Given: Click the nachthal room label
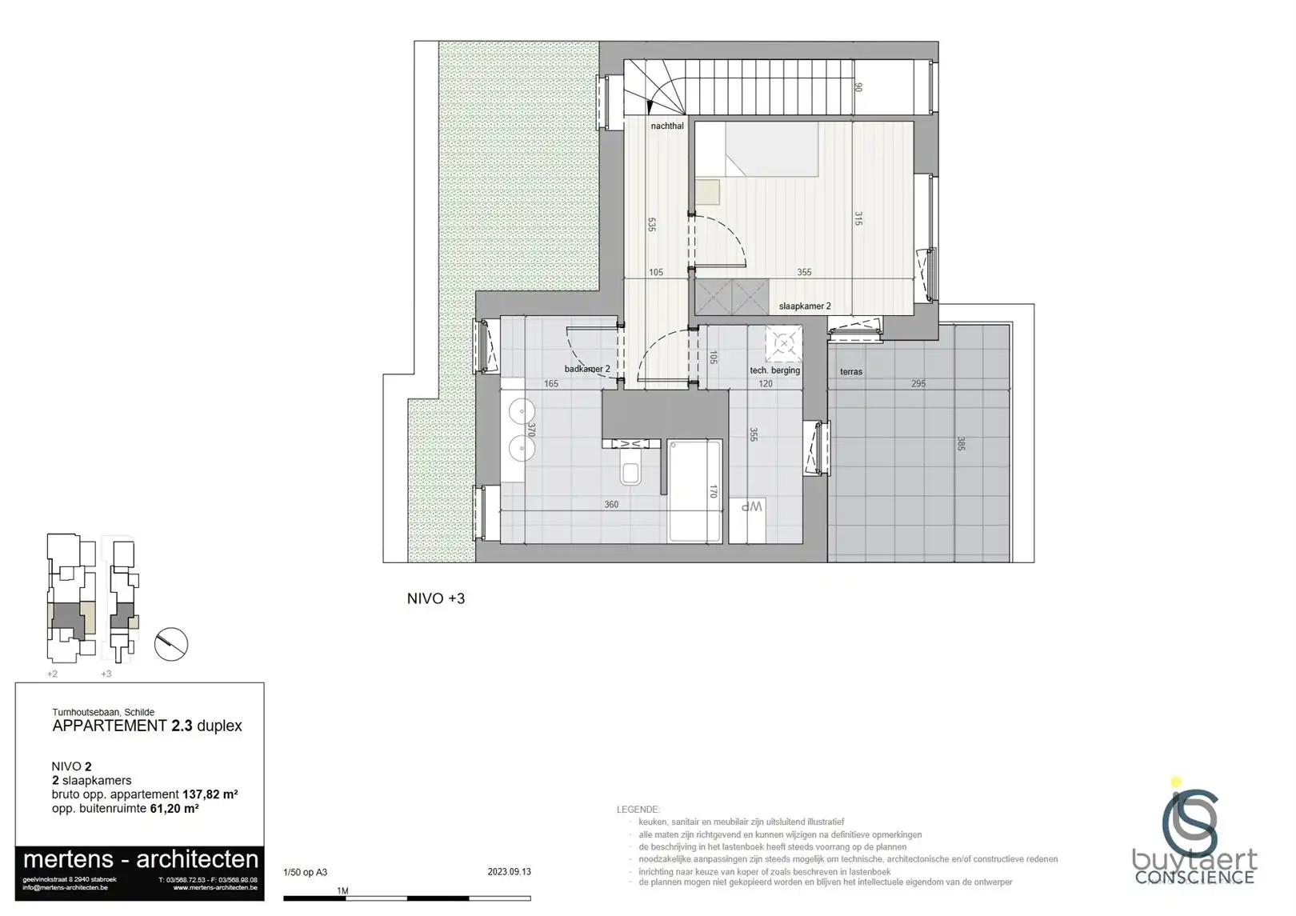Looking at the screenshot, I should pos(667,126).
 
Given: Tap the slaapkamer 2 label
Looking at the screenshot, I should pos(805,306).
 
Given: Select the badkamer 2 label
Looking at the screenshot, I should pos(587,369).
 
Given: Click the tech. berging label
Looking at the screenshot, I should pos(774,370).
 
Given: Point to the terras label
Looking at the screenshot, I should pos(851,372).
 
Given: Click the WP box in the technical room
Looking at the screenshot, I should pos(750,507).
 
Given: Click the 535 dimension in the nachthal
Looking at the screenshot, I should pos(652,225).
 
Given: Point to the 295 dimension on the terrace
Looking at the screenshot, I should pos(918,384).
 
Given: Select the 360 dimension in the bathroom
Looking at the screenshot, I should pos(611,505).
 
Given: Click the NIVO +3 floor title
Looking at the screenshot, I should pos(436,598).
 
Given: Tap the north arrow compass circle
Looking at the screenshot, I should pos(170,643).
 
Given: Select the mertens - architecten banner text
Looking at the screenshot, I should pos(141,860).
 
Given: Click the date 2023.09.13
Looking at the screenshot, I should pos(510,872).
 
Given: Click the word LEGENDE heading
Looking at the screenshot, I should pos(638,810).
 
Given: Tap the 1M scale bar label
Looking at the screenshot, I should pos(342,890).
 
